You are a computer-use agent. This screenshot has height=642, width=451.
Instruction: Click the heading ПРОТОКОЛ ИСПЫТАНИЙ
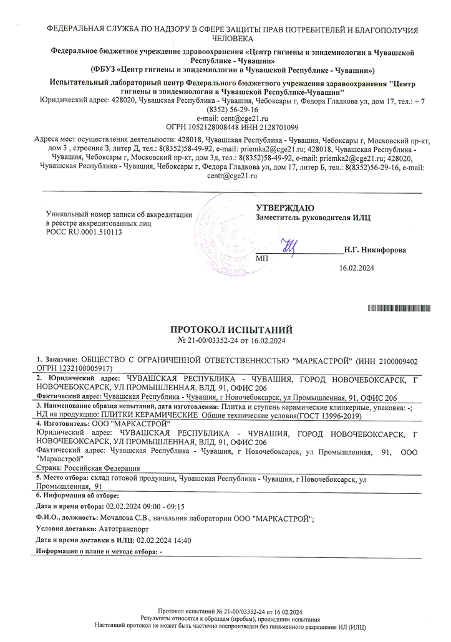231,330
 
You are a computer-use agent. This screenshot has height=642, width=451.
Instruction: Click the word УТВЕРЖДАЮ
285,208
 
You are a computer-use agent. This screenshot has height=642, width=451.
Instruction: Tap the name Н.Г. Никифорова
375,250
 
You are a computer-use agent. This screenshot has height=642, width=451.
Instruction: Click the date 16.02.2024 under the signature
356,268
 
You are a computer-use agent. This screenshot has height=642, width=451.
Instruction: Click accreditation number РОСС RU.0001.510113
84,232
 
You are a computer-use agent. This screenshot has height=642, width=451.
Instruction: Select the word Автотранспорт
125,529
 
